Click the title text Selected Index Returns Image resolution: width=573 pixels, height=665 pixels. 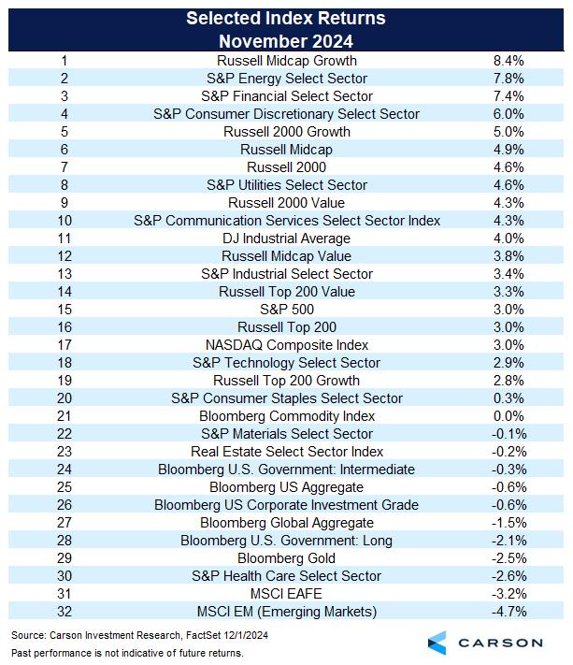(286, 19)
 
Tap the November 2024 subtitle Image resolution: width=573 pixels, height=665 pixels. (286, 41)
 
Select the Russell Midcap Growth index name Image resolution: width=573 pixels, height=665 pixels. (286, 61)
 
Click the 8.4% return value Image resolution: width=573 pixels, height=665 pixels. (509, 61)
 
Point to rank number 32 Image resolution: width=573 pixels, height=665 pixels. (64, 612)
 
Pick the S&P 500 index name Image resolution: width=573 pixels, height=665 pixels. (286, 310)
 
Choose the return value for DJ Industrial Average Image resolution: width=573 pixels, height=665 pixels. (509, 239)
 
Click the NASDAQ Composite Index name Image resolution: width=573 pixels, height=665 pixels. (286, 345)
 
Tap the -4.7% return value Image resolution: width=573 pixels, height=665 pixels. (509, 612)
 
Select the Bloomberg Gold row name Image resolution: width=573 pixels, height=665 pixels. (286, 558)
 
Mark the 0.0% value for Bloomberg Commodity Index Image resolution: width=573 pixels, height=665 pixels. (509, 416)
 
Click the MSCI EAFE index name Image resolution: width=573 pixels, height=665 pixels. (286, 594)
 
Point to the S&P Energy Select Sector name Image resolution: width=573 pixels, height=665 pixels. (286, 79)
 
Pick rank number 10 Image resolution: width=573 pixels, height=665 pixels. (64, 221)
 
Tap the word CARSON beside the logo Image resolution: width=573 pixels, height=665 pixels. (501, 643)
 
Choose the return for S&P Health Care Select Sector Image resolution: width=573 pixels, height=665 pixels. (509, 576)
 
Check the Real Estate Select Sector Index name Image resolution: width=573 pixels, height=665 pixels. (286, 452)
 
